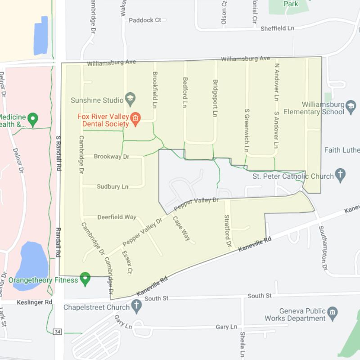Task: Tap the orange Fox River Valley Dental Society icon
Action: click(x=135, y=119)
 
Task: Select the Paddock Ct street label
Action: click(x=144, y=20)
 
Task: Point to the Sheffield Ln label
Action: click(x=277, y=28)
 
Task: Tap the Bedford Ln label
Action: click(x=184, y=92)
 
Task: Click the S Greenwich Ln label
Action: click(x=246, y=130)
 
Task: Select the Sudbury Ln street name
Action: click(x=112, y=186)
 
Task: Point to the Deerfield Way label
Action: click(x=117, y=217)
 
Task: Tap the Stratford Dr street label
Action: click(x=227, y=230)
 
